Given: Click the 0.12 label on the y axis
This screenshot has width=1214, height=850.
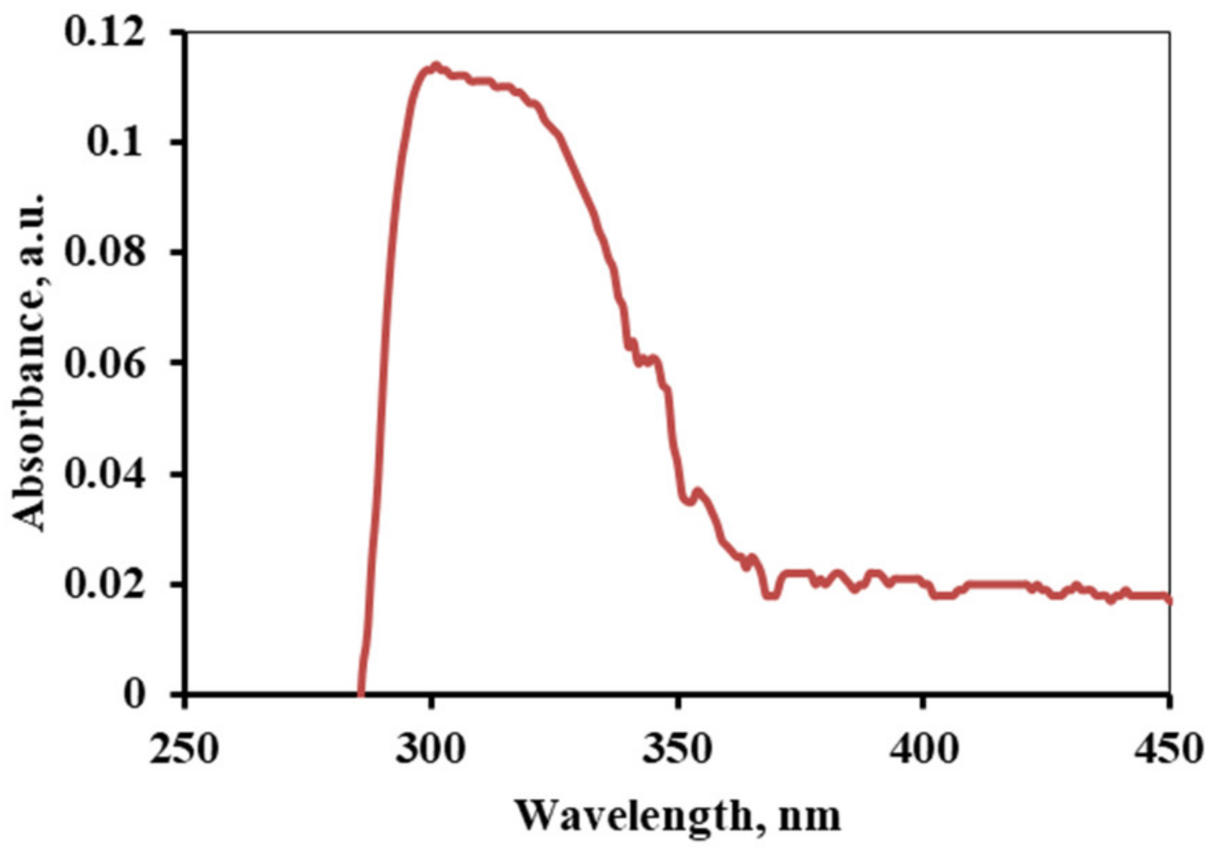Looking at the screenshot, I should click(105, 33).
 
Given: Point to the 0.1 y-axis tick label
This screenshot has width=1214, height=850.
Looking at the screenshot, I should click(116, 143).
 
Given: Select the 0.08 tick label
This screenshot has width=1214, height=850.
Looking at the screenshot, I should click(105, 252).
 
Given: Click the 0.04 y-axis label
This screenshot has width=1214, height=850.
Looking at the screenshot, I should click(105, 474).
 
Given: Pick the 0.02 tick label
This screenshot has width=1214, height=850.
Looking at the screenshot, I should click(105, 584).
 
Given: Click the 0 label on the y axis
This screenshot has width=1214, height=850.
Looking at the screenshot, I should click(136, 694).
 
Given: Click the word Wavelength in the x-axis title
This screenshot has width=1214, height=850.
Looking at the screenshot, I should click(634, 817).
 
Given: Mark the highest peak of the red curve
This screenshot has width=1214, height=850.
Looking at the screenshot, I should click(435, 66).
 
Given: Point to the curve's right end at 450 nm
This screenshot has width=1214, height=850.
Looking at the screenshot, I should click(1169, 599).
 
